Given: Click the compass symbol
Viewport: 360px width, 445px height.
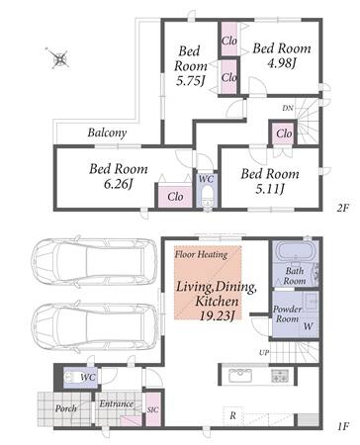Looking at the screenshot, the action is pyautogui.click(x=59, y=58).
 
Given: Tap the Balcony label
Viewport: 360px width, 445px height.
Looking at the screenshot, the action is pyautogui.click(x=107, y=133).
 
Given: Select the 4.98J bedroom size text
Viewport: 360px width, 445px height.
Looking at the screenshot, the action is pyautogui.click(x=281, y=63).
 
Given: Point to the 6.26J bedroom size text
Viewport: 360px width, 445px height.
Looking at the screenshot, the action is pyautogui.click(x=118, y=184).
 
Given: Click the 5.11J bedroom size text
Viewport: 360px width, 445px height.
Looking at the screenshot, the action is pyautogui.click(x=270, y=189).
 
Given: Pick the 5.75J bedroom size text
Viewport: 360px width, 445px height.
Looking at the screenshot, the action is pyautogui.click(x=191, y=81).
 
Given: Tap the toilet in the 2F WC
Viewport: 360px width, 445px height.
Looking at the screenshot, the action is pyautogui.click(x=208, y=197).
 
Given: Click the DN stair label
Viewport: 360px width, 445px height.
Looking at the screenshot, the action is pyautogui.click(x=288, y=108).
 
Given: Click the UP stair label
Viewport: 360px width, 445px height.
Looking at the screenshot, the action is pyautogui.click(x=264, y=353).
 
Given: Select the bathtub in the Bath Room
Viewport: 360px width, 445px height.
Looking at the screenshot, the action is pyautogui.click(x=295, y=253).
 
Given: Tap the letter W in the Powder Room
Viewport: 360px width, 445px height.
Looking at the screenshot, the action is pyautogui.click(x=308, y=326).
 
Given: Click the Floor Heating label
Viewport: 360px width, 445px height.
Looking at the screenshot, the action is pyautogui.click(x=201, y=254).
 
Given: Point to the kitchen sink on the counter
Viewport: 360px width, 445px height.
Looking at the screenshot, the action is pyautogui.click(x=240, y=375).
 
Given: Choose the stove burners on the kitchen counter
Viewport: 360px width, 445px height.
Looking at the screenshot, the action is pyautogui.click(x=280, y=376).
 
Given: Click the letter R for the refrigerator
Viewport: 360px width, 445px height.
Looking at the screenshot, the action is pyautogui.click(x=233, y=415).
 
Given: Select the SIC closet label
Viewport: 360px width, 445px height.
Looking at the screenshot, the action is pyautogui.click(x=152, y=409).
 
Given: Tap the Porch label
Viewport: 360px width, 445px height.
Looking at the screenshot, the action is pyautogui.click(x=66, y=408).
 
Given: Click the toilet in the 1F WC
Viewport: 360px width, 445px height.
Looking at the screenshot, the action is pyautogui.click(x=73, y=378).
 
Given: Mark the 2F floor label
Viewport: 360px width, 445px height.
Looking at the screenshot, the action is pyautogui.click(x=343, y=208).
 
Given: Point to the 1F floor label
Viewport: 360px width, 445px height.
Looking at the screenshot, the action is pyautogui.click(x=343, y=427).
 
